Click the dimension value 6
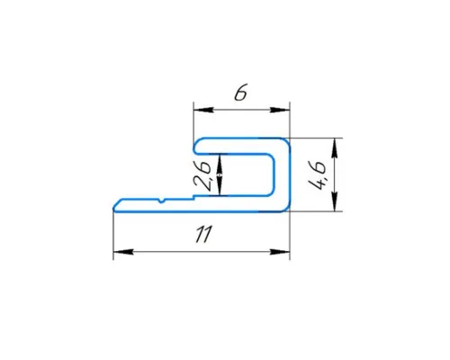tap(240, 94)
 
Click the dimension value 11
tap(204, 234)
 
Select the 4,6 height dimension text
tap(318, 175)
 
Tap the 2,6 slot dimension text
tap(202, 176)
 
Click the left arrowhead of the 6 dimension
tap(203, 110)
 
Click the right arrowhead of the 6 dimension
tap(280, 110)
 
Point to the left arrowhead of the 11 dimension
tap(123, 252)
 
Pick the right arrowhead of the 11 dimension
tap(280, 252)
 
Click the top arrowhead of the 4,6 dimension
tap(335, 148)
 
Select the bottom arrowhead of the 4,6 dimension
tap(335, 202)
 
